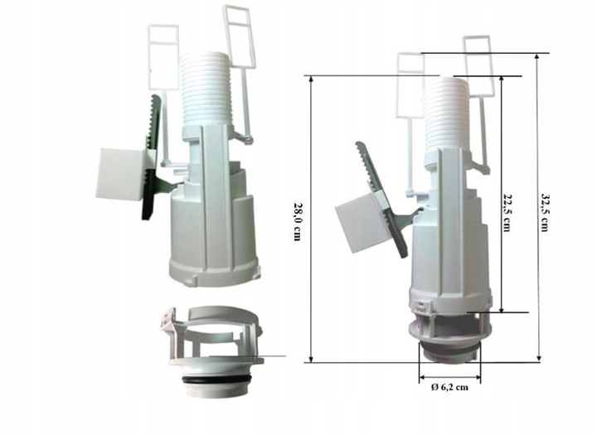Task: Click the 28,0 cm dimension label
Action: click(x=298, y=220)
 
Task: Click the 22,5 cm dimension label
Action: click(x=506, y=212)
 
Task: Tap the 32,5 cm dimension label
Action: click(x=546, y=212)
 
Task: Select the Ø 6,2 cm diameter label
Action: click(x=449, y=388)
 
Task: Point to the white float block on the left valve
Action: click(x=121, y=174)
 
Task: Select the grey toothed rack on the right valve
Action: click(x=382, y=199)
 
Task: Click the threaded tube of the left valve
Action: click(x=206, y=89)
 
